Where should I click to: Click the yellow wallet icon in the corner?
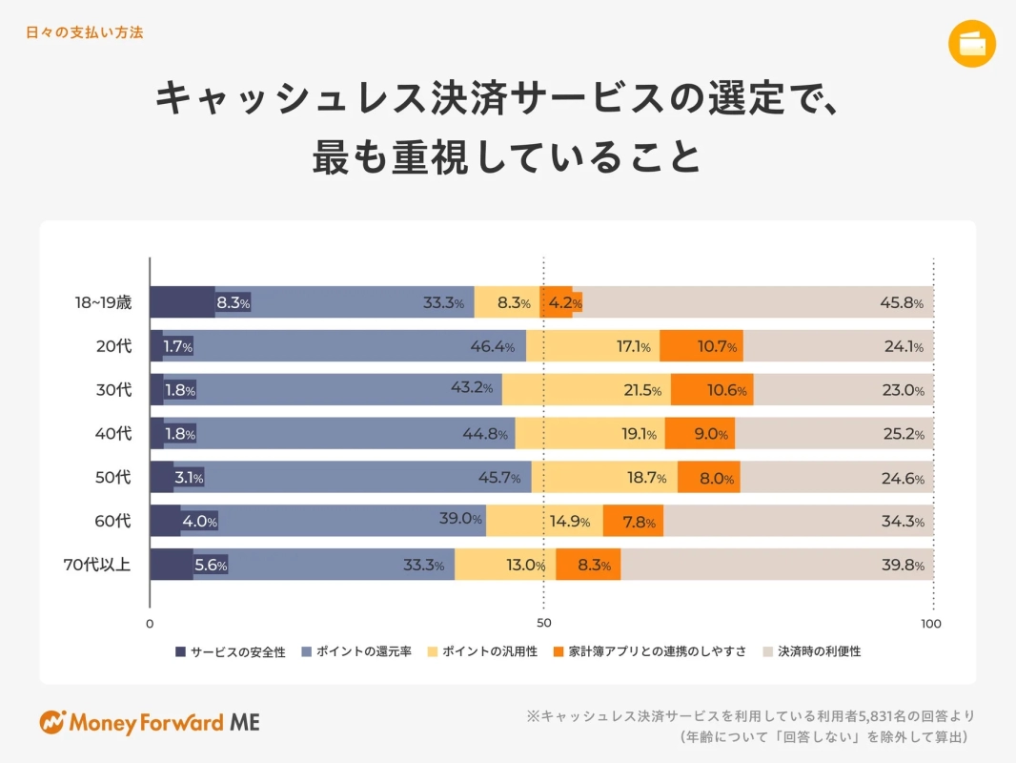tap(972, 44)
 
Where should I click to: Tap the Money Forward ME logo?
tap(150, 722)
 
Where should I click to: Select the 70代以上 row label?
tap(97, 565)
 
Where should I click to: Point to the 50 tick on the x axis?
tap(543, 624)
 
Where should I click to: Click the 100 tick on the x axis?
tap(931, 624)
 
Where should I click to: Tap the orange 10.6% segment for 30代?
tap(712, 390)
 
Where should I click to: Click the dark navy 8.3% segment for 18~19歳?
tap(182, 302)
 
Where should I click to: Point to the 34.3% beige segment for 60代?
tap(799, 522)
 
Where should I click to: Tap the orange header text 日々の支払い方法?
tap(85, 32)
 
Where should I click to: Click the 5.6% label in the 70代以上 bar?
tap(210, 566)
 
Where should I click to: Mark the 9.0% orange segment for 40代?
tap(701, 434)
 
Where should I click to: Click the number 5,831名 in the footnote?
tap(887, 715)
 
